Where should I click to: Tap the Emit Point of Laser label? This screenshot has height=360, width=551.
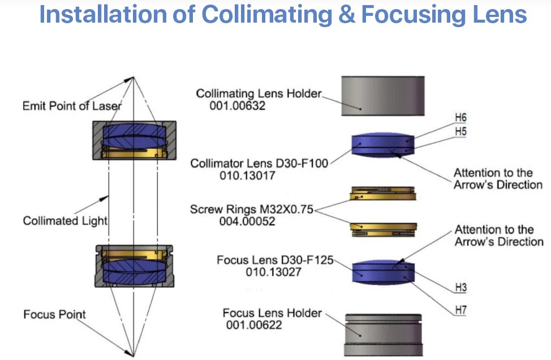pos(72,105)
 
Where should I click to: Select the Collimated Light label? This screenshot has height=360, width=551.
pos(64,221)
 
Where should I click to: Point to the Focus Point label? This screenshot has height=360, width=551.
pos(54,314)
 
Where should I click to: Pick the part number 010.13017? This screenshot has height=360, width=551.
pos(248,175)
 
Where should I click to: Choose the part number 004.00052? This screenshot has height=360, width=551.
pos(248,221)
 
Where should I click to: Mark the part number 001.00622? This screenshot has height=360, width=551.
pos(254,325)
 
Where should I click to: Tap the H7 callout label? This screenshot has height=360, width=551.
pos(460,311)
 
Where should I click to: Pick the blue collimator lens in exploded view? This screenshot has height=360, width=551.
pos(383,144)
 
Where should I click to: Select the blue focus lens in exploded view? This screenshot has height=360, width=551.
pos(383,271)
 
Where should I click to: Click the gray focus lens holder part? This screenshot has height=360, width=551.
pos(384,334)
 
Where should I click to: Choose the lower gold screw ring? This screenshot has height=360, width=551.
pos(384,228)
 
